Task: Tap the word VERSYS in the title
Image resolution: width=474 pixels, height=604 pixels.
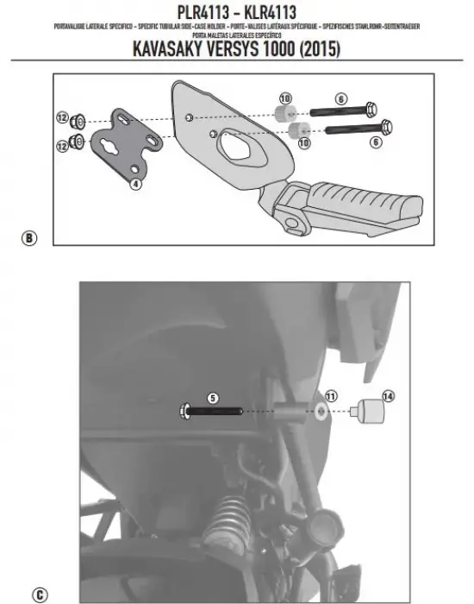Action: [232, 49]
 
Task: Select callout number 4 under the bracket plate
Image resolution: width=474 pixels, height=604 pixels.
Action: [135, 184]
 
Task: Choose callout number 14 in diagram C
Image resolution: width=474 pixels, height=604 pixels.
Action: [389, 396]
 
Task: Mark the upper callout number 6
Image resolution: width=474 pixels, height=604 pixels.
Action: [341, 100]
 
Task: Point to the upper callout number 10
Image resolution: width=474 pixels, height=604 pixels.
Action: [285, 98]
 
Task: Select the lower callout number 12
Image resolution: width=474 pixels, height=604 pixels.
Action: [61, 148]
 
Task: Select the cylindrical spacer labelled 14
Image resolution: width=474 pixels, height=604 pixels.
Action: [377, 411]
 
